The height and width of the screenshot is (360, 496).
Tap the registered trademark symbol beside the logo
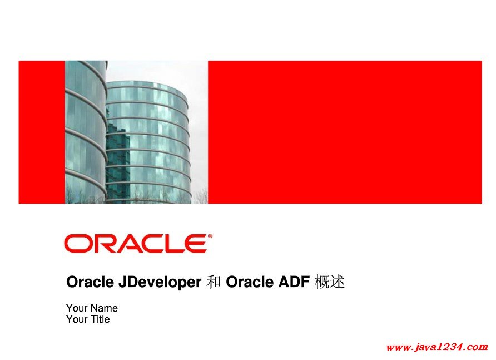210,236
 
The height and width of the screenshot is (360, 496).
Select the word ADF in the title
294,282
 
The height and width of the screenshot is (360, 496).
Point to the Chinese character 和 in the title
214,282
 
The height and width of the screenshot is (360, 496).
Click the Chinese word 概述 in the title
329,282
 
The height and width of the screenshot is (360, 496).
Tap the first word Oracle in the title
90,282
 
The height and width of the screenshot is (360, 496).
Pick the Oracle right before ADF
250,282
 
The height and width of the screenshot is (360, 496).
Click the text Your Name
92,308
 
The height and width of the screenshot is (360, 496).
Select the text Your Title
88,319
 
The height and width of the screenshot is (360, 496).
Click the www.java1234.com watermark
437,347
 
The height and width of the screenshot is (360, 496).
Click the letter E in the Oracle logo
197,244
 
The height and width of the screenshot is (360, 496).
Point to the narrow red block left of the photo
42,132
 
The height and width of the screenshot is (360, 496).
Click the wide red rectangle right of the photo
345,132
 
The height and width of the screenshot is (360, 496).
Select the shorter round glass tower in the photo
148,142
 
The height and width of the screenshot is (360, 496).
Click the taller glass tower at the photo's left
86,132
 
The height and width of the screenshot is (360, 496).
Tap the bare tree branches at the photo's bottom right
201,196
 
